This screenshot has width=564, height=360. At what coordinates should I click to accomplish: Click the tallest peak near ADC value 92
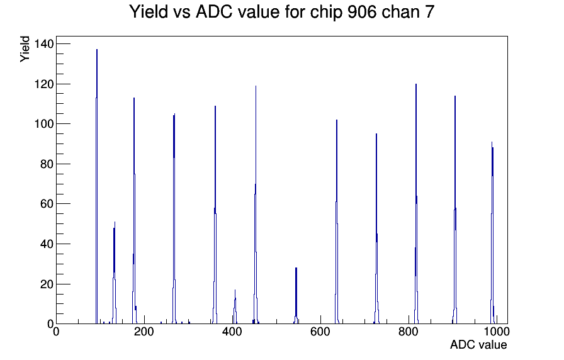pos(97,186)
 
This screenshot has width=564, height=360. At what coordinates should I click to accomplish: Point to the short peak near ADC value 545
pos(296,296)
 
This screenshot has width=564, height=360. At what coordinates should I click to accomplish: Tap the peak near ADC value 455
pos(256,205)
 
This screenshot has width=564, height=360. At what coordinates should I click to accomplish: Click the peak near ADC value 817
pos(416,203)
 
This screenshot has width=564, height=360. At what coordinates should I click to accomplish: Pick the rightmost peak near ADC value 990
pos(492,233)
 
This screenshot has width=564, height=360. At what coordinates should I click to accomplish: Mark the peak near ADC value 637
pos(337,222)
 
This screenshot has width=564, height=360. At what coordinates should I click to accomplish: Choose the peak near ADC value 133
pos(115,273)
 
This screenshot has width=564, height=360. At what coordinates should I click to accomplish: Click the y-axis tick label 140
pos(43,44)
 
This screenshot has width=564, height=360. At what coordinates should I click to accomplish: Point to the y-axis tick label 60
pos(46,204)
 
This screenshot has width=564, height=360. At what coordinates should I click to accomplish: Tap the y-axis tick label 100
pos(43,124)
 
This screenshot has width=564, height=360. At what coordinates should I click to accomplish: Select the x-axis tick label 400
pos(232,332)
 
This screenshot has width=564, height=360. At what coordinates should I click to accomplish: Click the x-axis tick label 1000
pos(496,332)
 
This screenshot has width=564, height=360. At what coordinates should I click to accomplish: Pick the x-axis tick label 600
pos(320,332)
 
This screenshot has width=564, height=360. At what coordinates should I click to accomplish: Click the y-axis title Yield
pos(25,49)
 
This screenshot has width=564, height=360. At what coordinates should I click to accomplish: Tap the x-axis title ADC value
pos(478,345)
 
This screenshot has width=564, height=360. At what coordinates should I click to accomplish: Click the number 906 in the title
pos(362,12)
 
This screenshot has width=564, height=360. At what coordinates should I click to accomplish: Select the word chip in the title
pos(327,13)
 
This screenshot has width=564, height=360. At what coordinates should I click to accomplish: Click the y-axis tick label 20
pos(46,284)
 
